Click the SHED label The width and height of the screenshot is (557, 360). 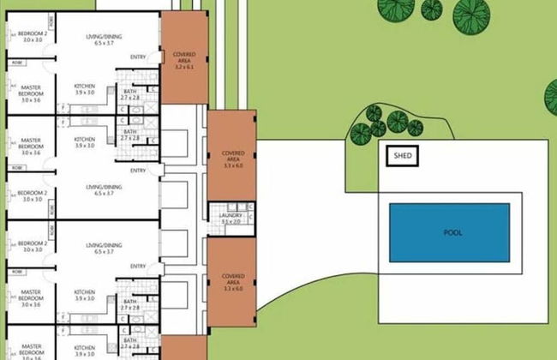click(x=401, y=155)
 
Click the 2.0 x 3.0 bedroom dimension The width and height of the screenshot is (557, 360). click(x=33, y=40)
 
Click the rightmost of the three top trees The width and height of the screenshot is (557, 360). click(x=467, y=13)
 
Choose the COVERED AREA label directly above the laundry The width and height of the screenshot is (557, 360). click(x=231, y=155)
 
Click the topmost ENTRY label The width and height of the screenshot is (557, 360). click(x=138, y=57)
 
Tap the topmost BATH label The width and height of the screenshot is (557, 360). click(x=130, y=92)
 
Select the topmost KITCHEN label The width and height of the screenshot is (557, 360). click(x=84, y=87)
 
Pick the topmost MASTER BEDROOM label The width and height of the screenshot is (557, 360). click(x=31, y=92)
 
